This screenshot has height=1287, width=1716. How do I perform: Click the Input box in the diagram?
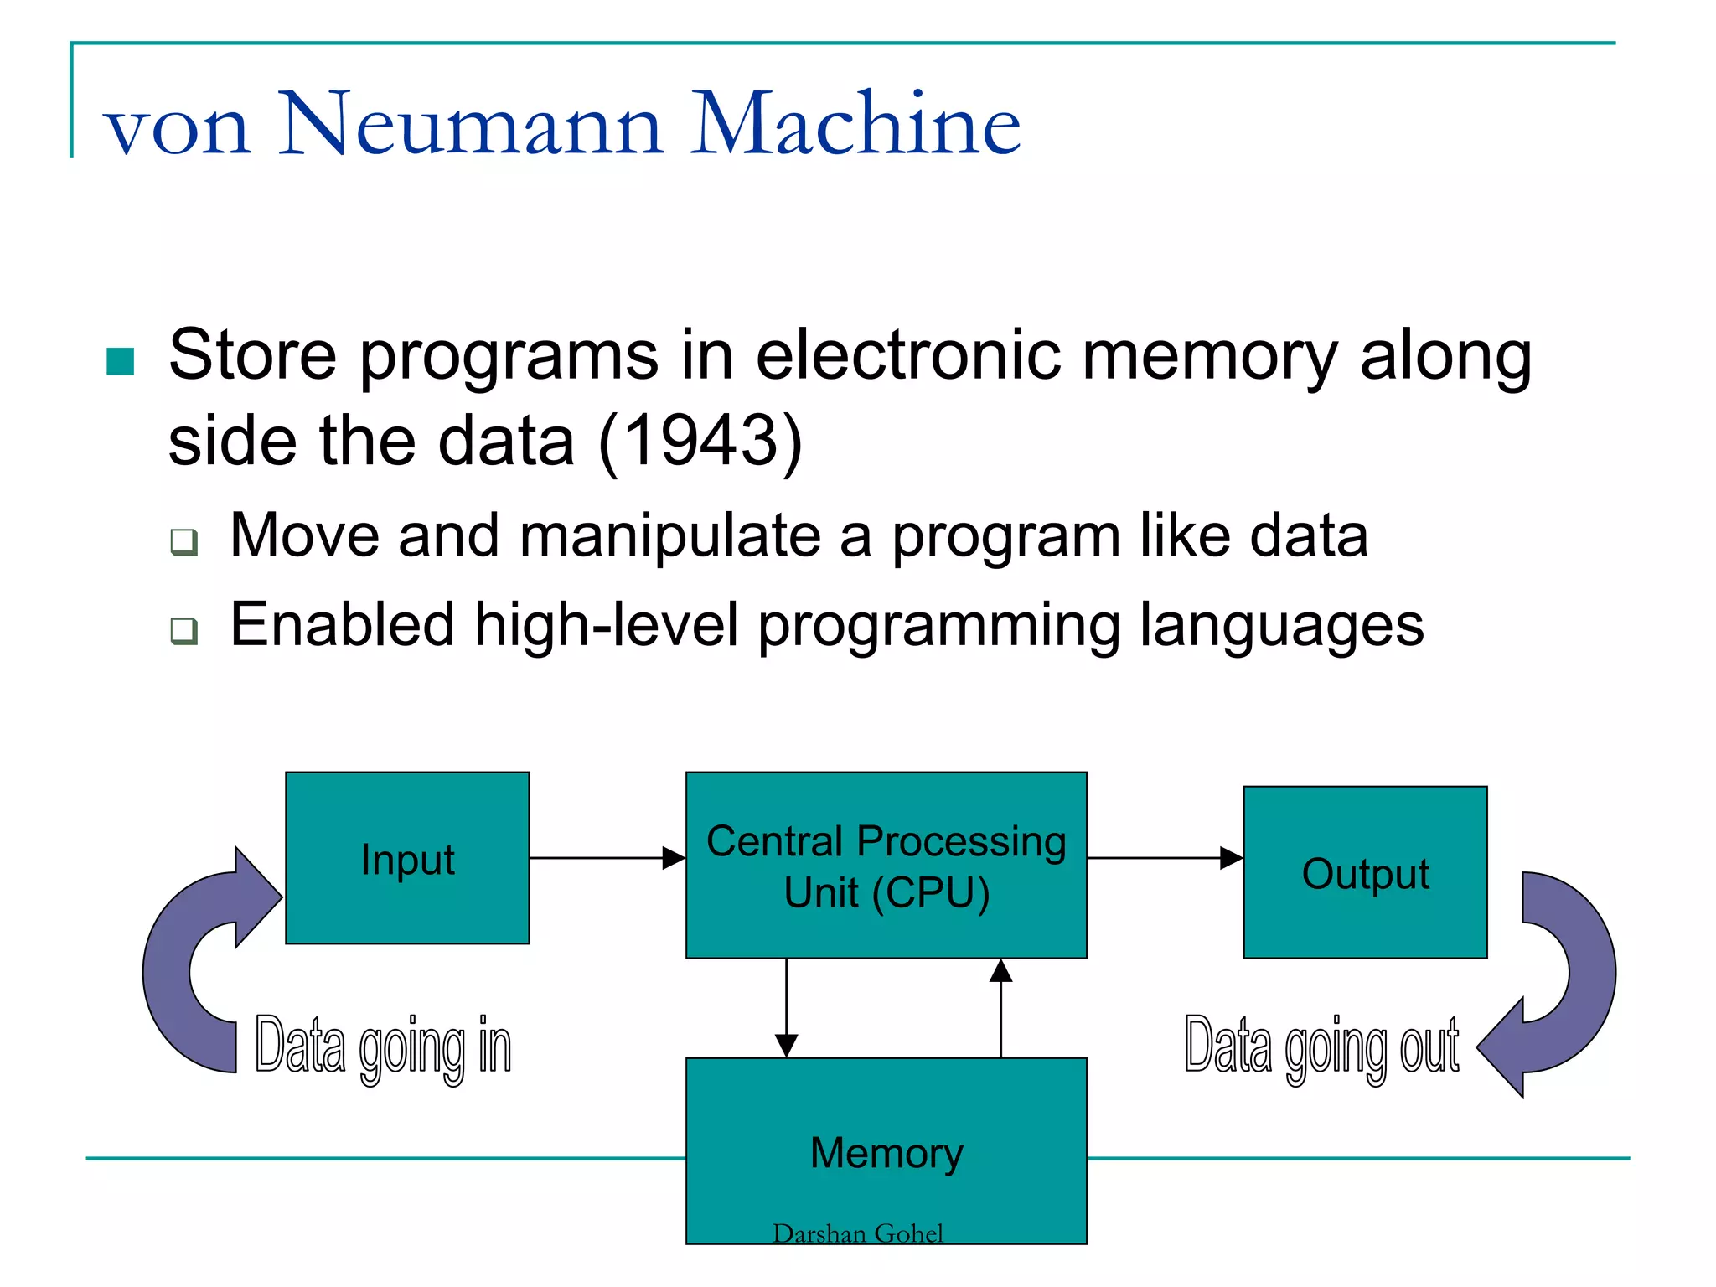pos(407,858)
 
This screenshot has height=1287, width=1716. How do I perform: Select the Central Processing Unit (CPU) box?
pos(886,865)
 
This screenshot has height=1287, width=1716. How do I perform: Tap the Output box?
pos(1365,872)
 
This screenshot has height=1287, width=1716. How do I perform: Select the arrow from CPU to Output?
pos(1165,858)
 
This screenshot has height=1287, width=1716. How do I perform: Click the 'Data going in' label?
pos(383,1047)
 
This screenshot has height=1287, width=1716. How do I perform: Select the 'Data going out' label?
pos(1321,1047)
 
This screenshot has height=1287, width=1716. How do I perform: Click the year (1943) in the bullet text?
pos(701,441)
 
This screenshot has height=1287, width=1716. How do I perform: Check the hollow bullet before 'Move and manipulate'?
pos(183,541)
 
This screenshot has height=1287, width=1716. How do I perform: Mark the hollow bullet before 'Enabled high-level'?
pos(183,630)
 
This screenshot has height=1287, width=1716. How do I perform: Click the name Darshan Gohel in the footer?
pos(857,1233)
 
